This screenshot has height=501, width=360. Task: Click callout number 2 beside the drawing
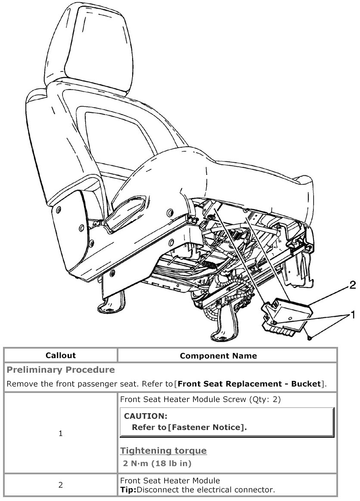click(x=352, y=285)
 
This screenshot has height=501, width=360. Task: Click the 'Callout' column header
click(x=61, y=356)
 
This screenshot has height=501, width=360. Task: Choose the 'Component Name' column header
click(x=218, y=356)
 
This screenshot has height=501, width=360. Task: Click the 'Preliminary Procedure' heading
click(x=61, y=370)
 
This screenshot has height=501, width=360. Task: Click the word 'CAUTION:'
click(x=145, y=416)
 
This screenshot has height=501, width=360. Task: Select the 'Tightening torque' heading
click(x=163, y=451)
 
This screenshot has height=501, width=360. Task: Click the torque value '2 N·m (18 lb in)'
click(x=157, y=464)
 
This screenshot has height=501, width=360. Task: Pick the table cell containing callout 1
click(x=61, y=434)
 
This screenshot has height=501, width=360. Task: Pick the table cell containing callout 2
click(x=61, y=485)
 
